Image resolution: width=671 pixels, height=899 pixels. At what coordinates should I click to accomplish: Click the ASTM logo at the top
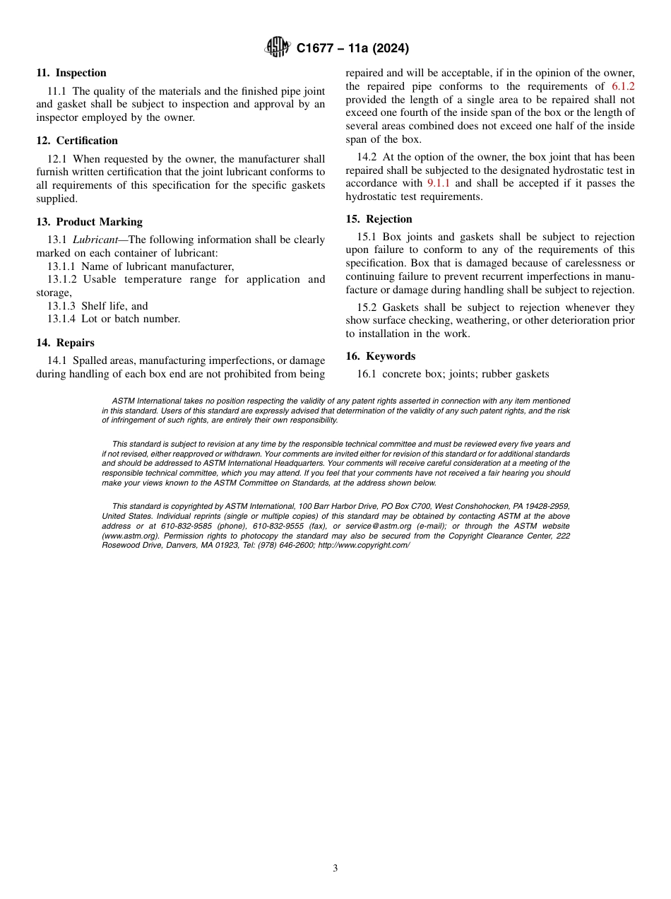277,48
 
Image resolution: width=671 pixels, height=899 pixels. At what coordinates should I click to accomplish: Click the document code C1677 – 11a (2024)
352,49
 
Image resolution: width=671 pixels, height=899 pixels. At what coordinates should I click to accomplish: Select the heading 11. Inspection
71,73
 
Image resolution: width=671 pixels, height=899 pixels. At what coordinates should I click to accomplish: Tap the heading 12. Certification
77,141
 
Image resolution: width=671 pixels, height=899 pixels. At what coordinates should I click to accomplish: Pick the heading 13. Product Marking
89,222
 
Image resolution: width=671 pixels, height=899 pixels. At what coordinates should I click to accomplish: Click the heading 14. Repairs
65,343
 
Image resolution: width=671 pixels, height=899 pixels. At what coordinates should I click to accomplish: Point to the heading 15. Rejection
379,219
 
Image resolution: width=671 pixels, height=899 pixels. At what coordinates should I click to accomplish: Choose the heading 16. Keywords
380,356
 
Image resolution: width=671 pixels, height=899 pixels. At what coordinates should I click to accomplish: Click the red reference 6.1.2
623,86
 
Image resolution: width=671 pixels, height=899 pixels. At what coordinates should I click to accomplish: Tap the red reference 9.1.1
438,184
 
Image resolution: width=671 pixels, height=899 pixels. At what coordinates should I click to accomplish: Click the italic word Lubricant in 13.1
95,240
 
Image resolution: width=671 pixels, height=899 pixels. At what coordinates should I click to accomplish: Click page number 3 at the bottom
335,869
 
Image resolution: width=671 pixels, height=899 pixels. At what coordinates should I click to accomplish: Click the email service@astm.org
377,527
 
